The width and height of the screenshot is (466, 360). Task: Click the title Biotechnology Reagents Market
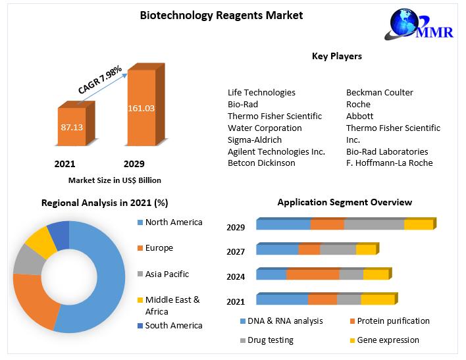tap(221, 15)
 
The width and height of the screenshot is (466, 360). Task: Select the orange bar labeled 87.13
tap(71, 126)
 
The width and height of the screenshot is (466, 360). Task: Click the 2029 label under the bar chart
tap(134, 164)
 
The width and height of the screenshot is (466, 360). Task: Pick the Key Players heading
tap(336, 57)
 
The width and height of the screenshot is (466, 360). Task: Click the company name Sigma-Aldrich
tap(255, 140)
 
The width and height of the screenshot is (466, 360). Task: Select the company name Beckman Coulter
tap(380, 92)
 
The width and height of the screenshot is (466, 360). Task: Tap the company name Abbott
tap(359, 116)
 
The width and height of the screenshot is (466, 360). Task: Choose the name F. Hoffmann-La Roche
tap(390, 163)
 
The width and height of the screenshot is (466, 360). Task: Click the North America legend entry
tap(174, 222)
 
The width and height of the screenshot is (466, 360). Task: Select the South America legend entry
tap(174, 325)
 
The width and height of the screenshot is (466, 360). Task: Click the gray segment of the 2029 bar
tap(374, 225)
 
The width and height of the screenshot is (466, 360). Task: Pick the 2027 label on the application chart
tap(236, 251)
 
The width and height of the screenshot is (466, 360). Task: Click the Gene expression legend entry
tap(388, 340)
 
